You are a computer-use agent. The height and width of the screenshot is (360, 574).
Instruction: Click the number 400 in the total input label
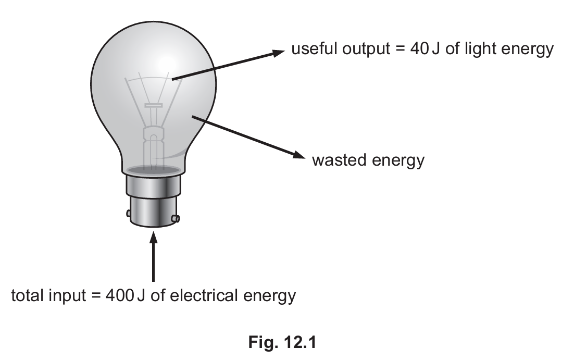point(119,295)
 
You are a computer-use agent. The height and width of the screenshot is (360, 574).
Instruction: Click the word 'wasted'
point(339,160)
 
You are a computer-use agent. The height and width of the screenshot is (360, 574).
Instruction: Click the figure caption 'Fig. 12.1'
point(282,342)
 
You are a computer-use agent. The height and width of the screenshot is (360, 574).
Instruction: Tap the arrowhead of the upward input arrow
point(153,238)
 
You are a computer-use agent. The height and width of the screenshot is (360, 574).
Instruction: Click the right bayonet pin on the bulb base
point(176,219)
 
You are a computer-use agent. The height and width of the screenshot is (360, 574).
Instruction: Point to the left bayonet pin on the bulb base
point(129,213)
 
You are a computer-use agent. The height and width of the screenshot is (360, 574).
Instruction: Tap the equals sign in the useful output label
point(400,48)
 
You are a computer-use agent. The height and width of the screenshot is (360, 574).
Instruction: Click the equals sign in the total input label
point(96,295)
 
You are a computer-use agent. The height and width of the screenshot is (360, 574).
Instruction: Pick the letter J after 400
point(141,295)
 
